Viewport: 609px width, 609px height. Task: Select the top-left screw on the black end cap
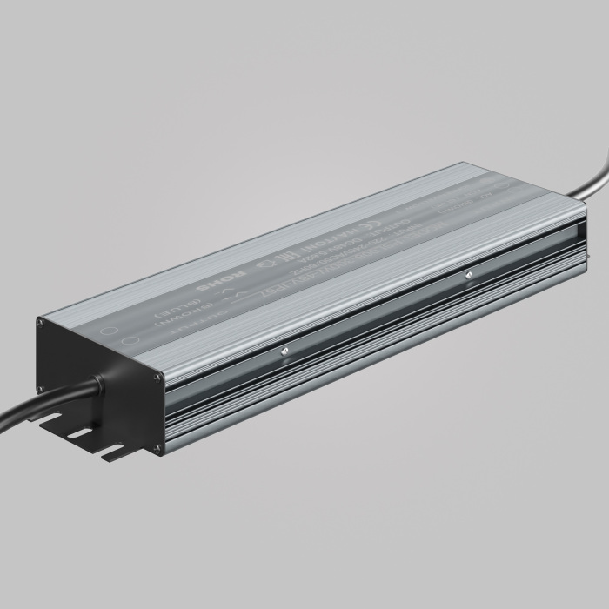click(41, 322)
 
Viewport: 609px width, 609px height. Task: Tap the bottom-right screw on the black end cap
click(158, 450)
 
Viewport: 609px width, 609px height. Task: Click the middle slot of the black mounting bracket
click(79, 433)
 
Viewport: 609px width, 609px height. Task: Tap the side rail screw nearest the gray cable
click(469, 276)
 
